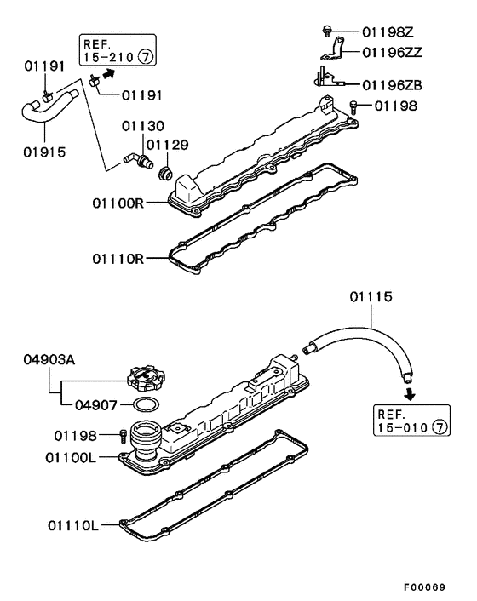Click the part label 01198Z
388,32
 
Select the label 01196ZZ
393,52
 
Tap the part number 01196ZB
393,85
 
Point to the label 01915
44,152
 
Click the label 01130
143,126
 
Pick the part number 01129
168,145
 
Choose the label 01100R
118,203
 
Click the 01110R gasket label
118,259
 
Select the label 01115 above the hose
371,296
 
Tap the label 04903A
49,360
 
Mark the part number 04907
96,404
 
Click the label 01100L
71,457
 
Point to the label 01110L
73,525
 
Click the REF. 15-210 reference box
118,50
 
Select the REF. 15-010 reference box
411,420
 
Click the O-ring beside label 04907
147,404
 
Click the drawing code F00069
425,587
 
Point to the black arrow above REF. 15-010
411,393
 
